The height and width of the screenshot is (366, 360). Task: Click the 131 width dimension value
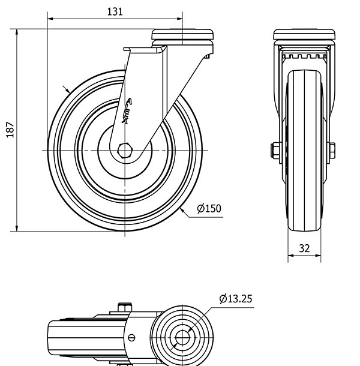point(114,11)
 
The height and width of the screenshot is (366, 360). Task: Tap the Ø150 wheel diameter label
point(209,209)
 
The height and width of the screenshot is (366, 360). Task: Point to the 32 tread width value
point(304,248)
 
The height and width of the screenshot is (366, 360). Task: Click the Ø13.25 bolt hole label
point(235,298)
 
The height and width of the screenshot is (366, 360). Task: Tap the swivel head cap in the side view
point(182,35)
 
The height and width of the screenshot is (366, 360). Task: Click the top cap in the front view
point(304,34)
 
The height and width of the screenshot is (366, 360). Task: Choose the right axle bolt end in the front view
point(332,150)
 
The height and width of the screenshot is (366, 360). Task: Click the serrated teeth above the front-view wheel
point(304,57)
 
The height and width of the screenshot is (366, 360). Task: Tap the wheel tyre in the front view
point(304,150)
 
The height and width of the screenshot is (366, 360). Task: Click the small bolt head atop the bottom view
point(125,308)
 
